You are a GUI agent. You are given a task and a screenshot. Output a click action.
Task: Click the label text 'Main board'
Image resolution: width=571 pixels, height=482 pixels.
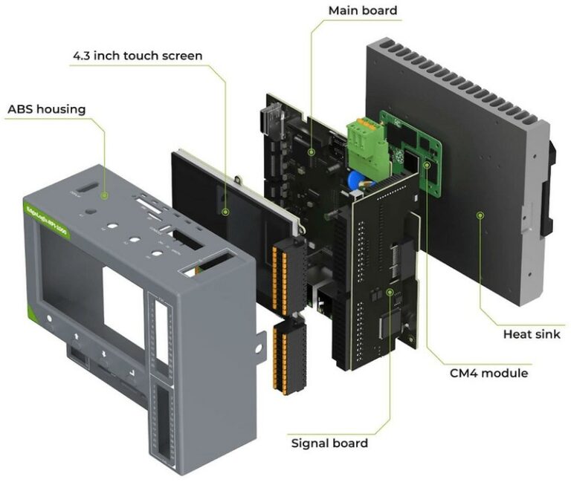click(363, 10)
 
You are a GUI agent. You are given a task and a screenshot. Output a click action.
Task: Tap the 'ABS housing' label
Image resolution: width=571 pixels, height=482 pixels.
click(46, 109)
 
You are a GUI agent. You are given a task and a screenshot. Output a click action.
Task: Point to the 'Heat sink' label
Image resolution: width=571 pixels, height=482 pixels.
click(532, 334)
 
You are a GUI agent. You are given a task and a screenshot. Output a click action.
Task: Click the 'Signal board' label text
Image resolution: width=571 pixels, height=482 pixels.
click(329, 443)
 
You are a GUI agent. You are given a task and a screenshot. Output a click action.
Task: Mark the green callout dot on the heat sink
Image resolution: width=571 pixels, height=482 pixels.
click(481, 215)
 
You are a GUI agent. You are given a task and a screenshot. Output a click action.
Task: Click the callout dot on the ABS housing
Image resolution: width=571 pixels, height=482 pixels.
click(105, 195)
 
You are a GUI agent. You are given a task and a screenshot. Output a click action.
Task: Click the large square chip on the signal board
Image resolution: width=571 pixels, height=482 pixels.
click(392, 328)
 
